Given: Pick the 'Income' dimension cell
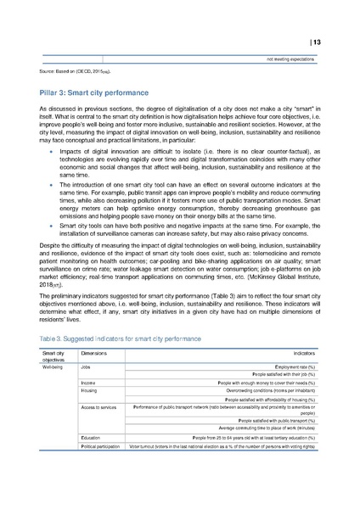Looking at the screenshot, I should point(88,406).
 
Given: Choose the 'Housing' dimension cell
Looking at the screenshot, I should point(90,415).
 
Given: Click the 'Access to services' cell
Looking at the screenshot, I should point(99,433).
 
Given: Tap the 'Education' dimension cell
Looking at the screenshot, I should point(92,461).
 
